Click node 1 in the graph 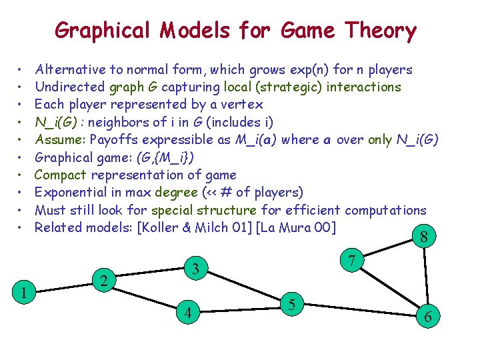(x=24, y=291)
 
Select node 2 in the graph (x=103, y=281)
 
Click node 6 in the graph (x=427, y=319)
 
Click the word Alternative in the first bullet (x=71, y=69)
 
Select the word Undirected (x=69, y=87)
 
